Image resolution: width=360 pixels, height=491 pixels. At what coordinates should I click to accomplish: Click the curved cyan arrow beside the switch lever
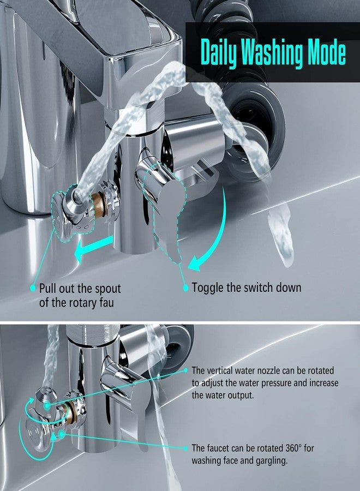[213, 232]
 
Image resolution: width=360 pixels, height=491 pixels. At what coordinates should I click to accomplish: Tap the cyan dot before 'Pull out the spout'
[33, 288]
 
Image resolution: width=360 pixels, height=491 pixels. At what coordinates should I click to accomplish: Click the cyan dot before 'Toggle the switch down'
[185, 288]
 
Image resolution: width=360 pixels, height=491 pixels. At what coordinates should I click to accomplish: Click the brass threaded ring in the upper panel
[99, 205]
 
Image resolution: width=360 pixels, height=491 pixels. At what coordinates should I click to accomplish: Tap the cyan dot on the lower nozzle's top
[47, 406]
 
